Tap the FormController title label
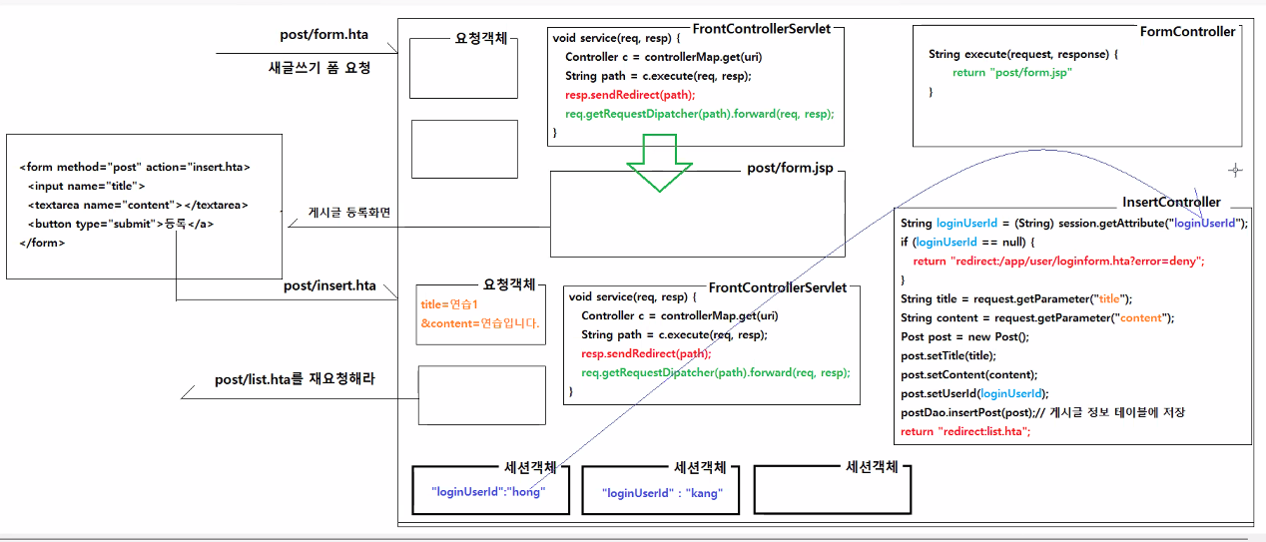(x=1187, y=32)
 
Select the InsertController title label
(x=1171, y=203)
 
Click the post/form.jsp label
(x=789, y=168)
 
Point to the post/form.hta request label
(x=323, y=35)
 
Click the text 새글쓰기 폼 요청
(x=319, y=69)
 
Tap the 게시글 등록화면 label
(x=349, y=213)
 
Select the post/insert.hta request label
(x=329, y=286)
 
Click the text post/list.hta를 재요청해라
(x=295, y=379)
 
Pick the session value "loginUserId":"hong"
(x=488, y=492)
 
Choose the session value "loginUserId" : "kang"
(x=662, y=493)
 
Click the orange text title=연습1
(x=450, y=304)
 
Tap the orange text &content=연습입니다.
(x=479, y=323)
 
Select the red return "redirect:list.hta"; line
(x=964, y=431)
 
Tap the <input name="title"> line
(x=86, y=186)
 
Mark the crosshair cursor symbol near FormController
(x=1235, y=171)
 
